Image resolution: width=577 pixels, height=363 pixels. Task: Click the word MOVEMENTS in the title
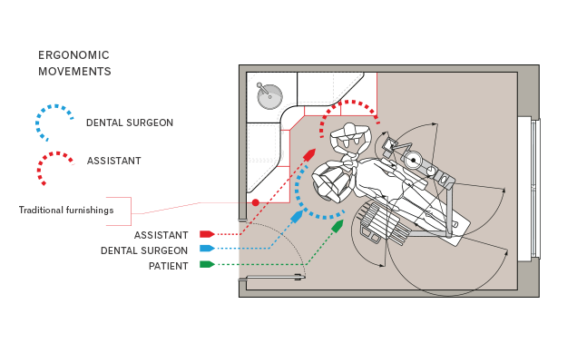point(74,71)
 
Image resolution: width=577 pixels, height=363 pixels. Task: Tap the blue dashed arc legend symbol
point(55,121)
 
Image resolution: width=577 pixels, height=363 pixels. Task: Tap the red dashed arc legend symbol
point(55,164)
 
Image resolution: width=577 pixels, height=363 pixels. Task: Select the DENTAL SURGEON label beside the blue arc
point(130,123)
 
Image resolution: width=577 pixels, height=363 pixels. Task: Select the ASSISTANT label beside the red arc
point(114,161)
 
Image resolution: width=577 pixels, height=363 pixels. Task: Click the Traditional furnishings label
point(66,211)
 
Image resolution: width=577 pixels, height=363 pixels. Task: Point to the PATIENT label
point(169,266)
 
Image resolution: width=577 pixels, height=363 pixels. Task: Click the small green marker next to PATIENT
point(207,265)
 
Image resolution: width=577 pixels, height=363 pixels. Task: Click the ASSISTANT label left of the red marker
point(161,235)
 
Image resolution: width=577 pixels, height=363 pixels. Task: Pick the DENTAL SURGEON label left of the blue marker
point(145,250)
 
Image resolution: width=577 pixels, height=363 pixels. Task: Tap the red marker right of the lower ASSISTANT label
point(207,234)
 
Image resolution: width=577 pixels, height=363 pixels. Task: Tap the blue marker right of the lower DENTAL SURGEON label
point(207,249)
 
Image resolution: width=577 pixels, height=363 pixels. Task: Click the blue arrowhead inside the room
point(297,218)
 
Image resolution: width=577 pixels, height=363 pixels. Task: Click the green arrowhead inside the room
point(337,225)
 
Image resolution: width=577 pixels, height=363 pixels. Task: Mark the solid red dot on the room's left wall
point(256,202)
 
